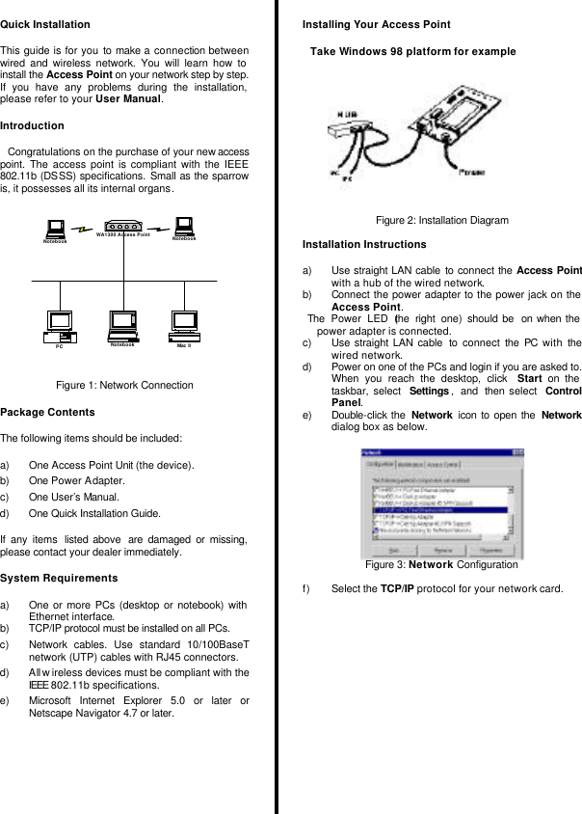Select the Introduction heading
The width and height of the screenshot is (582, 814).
[33, 126]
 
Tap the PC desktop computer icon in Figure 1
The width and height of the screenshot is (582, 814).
[61, 325]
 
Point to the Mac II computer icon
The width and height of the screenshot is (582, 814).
[183, 325]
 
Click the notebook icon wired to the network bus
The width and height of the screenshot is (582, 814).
[122, 325]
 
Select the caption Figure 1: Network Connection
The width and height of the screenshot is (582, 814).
[124, 386]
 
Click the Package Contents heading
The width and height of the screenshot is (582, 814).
[48, 413]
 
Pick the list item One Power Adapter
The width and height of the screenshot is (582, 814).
[76, 480]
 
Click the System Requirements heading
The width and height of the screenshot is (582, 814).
[60, 579]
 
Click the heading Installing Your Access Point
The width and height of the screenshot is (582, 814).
[376, 24]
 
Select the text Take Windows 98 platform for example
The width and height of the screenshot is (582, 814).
[412, 52]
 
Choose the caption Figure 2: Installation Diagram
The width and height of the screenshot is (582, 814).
[441, 221]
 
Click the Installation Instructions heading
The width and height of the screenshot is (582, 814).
[364, 245]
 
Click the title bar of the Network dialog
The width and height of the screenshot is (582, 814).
[440, 451]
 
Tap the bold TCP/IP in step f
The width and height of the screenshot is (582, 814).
[397, 588]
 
